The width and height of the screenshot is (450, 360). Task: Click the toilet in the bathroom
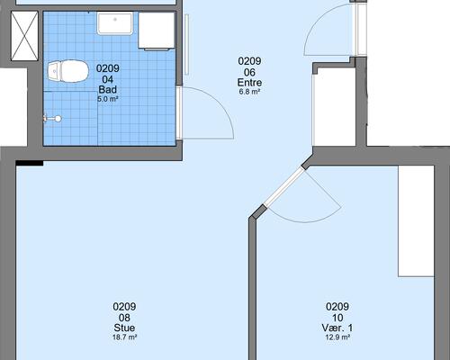click(68, 71)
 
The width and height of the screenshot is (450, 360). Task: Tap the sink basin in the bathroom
click(115, 23)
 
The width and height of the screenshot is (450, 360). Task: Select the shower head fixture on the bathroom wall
click(52, 119)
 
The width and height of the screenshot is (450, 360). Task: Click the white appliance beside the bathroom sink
click(157, 31)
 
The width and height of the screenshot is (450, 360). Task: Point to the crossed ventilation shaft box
click(24, 36)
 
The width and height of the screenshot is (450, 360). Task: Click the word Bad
click(108, 89)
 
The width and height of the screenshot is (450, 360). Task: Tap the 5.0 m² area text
click(108, 99)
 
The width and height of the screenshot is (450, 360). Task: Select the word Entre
click(249, 82)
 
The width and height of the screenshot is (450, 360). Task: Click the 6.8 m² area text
click(249, 92)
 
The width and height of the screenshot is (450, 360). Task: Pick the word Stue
click(124, 328)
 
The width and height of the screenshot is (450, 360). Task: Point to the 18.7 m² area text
click(124, 337)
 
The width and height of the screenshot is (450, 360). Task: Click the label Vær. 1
click(337, 328)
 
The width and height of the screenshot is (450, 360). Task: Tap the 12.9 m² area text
click(337, 337)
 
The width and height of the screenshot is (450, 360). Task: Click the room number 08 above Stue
click(124, 318)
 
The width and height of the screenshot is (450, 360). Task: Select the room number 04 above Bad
click(108, 79)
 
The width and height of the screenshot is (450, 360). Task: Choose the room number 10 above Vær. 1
click(337, 318)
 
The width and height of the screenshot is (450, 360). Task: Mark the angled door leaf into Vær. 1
click(283, 187)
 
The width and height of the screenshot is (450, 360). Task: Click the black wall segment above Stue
click(30, 163)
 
